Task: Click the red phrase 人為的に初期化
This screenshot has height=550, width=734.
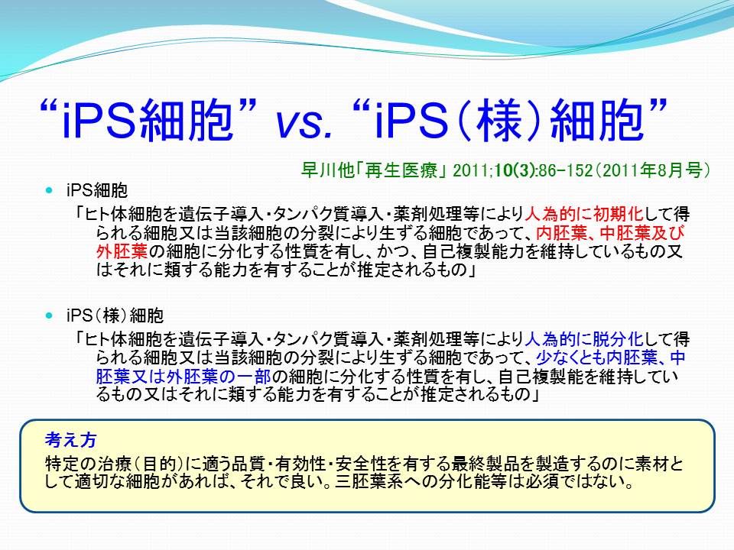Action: (x=583, y=214)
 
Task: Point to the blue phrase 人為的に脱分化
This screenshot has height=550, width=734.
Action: (x=583, y=339)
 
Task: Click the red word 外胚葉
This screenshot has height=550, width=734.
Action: (x=122, y=251)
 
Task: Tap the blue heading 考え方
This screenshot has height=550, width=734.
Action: (x=71, y=440)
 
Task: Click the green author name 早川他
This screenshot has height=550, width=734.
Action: (x=326, y=170)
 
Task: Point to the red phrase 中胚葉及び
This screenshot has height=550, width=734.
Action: (x=642, y=233)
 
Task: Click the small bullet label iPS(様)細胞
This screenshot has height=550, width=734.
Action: (x=115, y=315)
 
